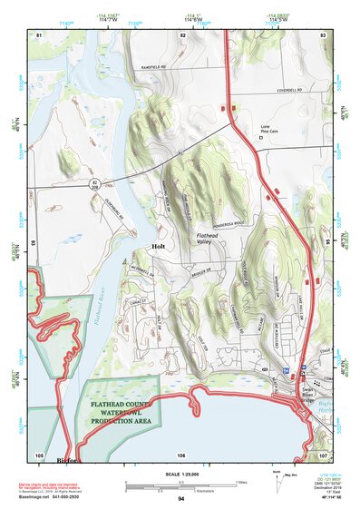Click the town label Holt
pyautogui.click(x=157, y=246)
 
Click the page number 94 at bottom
pyautogui.click(x=181, y=500)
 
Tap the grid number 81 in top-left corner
pyautogui.click(x=38, y=34)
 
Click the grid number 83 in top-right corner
pyautogui.click(x=323, y=34)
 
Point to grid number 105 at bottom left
pyautogui.click(x=39, y=454)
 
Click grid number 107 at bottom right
pyautogui.click(x=322, y=454)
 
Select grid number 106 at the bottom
pyautogui.click(x=181, y=455)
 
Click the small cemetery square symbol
pyautogui.click(x=261, y=139)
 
